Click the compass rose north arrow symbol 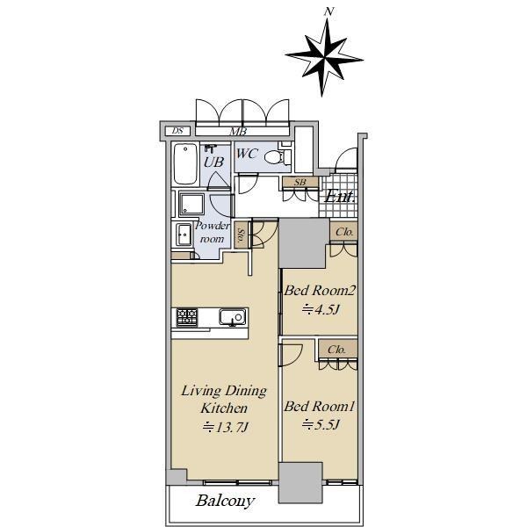[325, 58]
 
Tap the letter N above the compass [329, 11]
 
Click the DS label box [177, 130]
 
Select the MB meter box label [238, 132]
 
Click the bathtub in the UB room [185, 163]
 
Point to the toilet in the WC [278, 156]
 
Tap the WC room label [248, 154]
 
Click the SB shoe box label [300, 182]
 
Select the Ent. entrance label [340, 196]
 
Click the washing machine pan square [191, 204]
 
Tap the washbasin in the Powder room [184, 235]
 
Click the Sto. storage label [241, 235]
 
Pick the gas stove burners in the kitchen [187, 317]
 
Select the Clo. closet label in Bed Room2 [344, 232]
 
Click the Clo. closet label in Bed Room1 [336, 350]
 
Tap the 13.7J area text [226, 427]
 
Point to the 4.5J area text [321, 309]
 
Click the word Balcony [225, 501]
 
